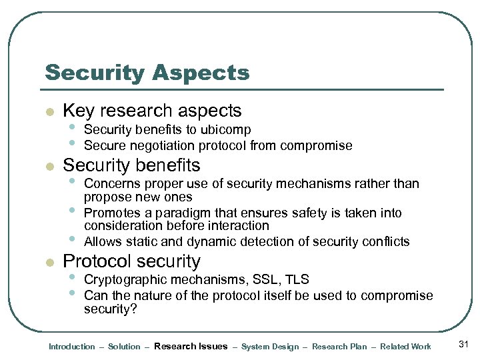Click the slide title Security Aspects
147,73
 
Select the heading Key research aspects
151,111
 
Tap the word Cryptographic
124,280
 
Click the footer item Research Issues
190,347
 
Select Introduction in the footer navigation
72,347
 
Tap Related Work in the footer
405,347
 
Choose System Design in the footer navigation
270,347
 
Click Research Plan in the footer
339,347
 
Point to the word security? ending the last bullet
110,309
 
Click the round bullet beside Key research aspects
48,112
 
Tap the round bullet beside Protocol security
48,263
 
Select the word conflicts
386,241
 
